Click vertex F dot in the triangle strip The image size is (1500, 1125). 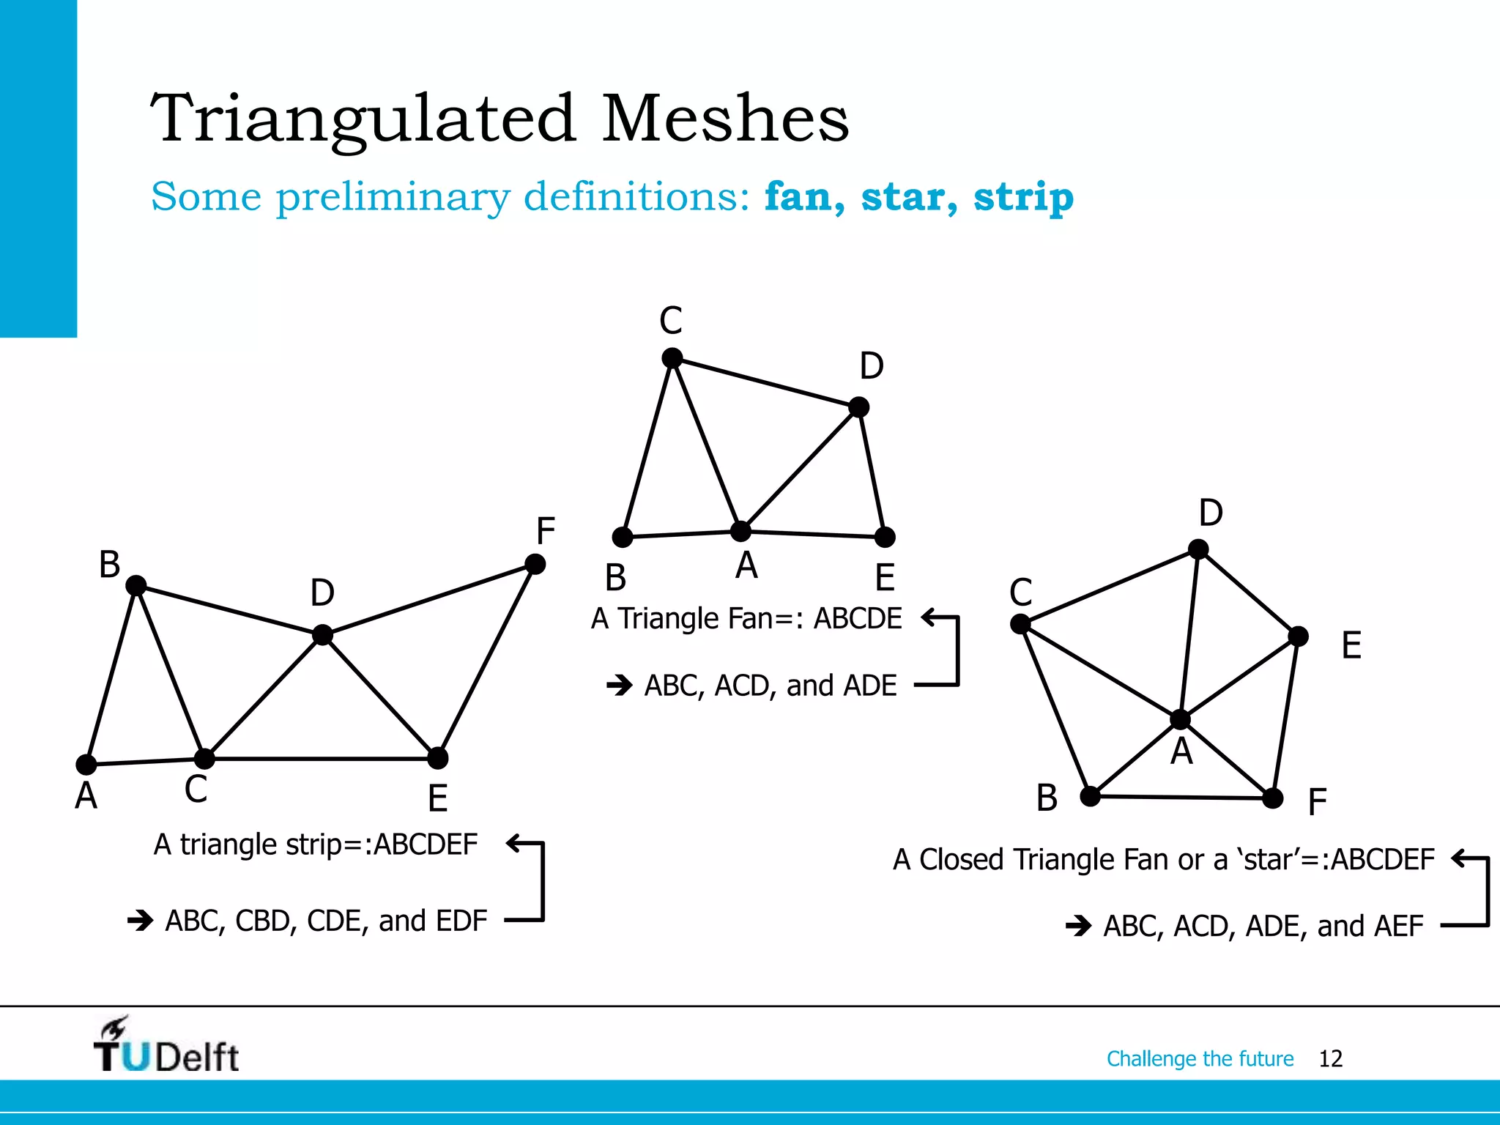click(x=535, y=564)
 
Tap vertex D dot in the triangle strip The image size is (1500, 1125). click(x=322, y=634)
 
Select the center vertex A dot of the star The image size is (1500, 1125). click(x=1180, y=719)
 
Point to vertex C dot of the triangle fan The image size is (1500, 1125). click(x=672, y=358)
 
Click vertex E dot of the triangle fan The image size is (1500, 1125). click(x=885, y=537)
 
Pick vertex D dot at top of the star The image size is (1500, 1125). click(x=1198, y=549)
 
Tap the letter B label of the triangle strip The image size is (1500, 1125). click(x=110, y=565)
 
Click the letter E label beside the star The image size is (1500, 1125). click(x=1351, y=645)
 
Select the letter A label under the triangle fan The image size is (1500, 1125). click(x=746, y=565)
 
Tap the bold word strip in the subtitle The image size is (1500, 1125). click(x=1023, y=196)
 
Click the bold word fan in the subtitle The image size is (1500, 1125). click(x=803, y=196)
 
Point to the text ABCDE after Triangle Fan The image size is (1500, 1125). click(x=858, y=618)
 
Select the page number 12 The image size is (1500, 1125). click(x=1330, y=1058)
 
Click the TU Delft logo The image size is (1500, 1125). click(x=166, y=1046)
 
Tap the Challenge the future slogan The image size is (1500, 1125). click(x=1200, y=1058)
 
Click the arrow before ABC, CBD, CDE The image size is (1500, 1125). click(x=140, y=920)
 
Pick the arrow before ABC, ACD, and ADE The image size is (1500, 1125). click(x=620, y=686)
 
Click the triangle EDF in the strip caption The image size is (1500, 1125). click(x=461, y=921)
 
